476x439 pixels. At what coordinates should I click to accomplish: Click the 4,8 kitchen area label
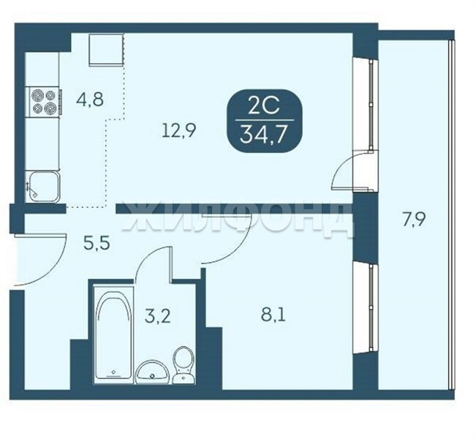coord(90,100)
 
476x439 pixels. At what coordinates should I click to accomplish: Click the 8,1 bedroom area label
coord(273,315)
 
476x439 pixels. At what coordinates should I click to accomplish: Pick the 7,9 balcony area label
coord(414,219)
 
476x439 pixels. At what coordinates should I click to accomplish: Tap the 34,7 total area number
coord(263,134)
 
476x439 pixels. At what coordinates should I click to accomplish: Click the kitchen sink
coord(43,187)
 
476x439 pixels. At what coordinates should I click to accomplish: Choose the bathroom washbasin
coord(152,372)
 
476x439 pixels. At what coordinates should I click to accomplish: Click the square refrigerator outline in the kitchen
coord(106,50)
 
